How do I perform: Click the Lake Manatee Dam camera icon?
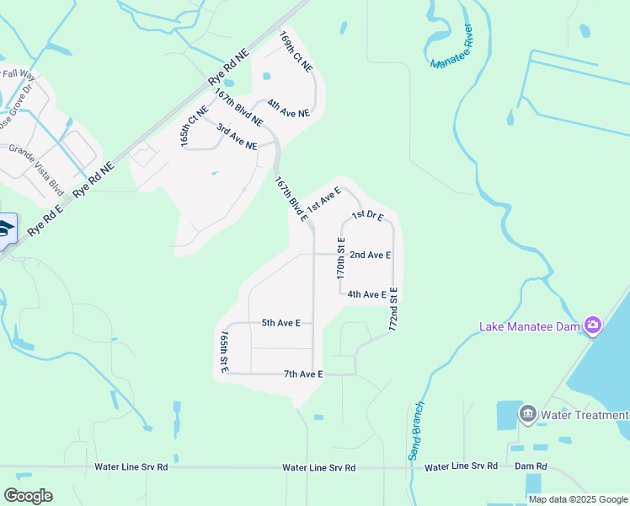593,326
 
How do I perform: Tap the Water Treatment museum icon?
528,414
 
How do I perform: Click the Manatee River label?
452,47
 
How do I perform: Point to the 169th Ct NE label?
296,51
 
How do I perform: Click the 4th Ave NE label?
288,108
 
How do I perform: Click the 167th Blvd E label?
291,198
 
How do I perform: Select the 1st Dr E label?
367,216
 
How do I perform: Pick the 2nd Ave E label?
370,255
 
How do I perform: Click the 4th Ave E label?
366,294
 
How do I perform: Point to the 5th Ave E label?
281,322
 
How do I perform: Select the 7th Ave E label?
303,374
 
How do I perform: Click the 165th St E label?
224,352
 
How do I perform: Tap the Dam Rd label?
531,466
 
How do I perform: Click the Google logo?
28,496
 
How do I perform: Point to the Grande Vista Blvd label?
36,166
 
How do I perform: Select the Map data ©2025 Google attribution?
578,499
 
